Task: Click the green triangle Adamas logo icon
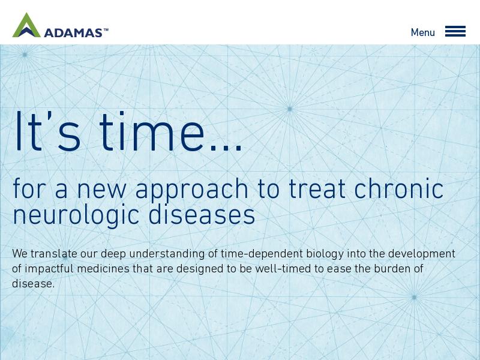tap(26, 25)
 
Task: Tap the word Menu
tap(423, 32)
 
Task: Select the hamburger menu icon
tap(455, 31)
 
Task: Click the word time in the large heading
tap(152, 131)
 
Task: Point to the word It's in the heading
tap(47, 131)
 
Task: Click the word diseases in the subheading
tap(202, 214)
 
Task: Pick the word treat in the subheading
tap(317, 189)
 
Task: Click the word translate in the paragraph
tap(54, 254)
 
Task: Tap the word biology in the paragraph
tap(325, 254)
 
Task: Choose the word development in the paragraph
tap(422, 254)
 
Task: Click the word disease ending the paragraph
tap(32, 284)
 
